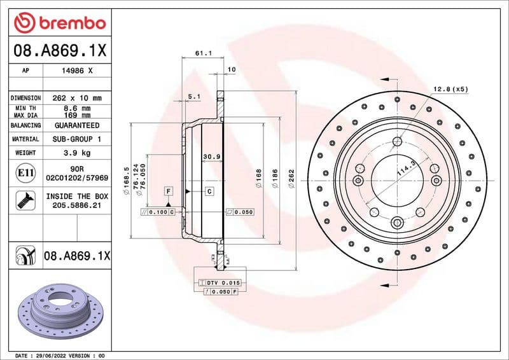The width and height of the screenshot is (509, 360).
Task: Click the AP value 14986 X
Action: pos(78,71)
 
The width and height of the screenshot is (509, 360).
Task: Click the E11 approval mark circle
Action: pos(25,172)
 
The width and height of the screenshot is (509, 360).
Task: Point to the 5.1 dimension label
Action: pos(194,97)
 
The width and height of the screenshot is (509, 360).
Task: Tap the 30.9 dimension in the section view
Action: pos(211,156)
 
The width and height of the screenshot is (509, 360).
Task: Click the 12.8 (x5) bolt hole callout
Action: pos(450,89)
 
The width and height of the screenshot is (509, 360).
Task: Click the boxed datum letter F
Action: pos(169,191)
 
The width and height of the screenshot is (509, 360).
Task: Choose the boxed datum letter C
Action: pos(209,191)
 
